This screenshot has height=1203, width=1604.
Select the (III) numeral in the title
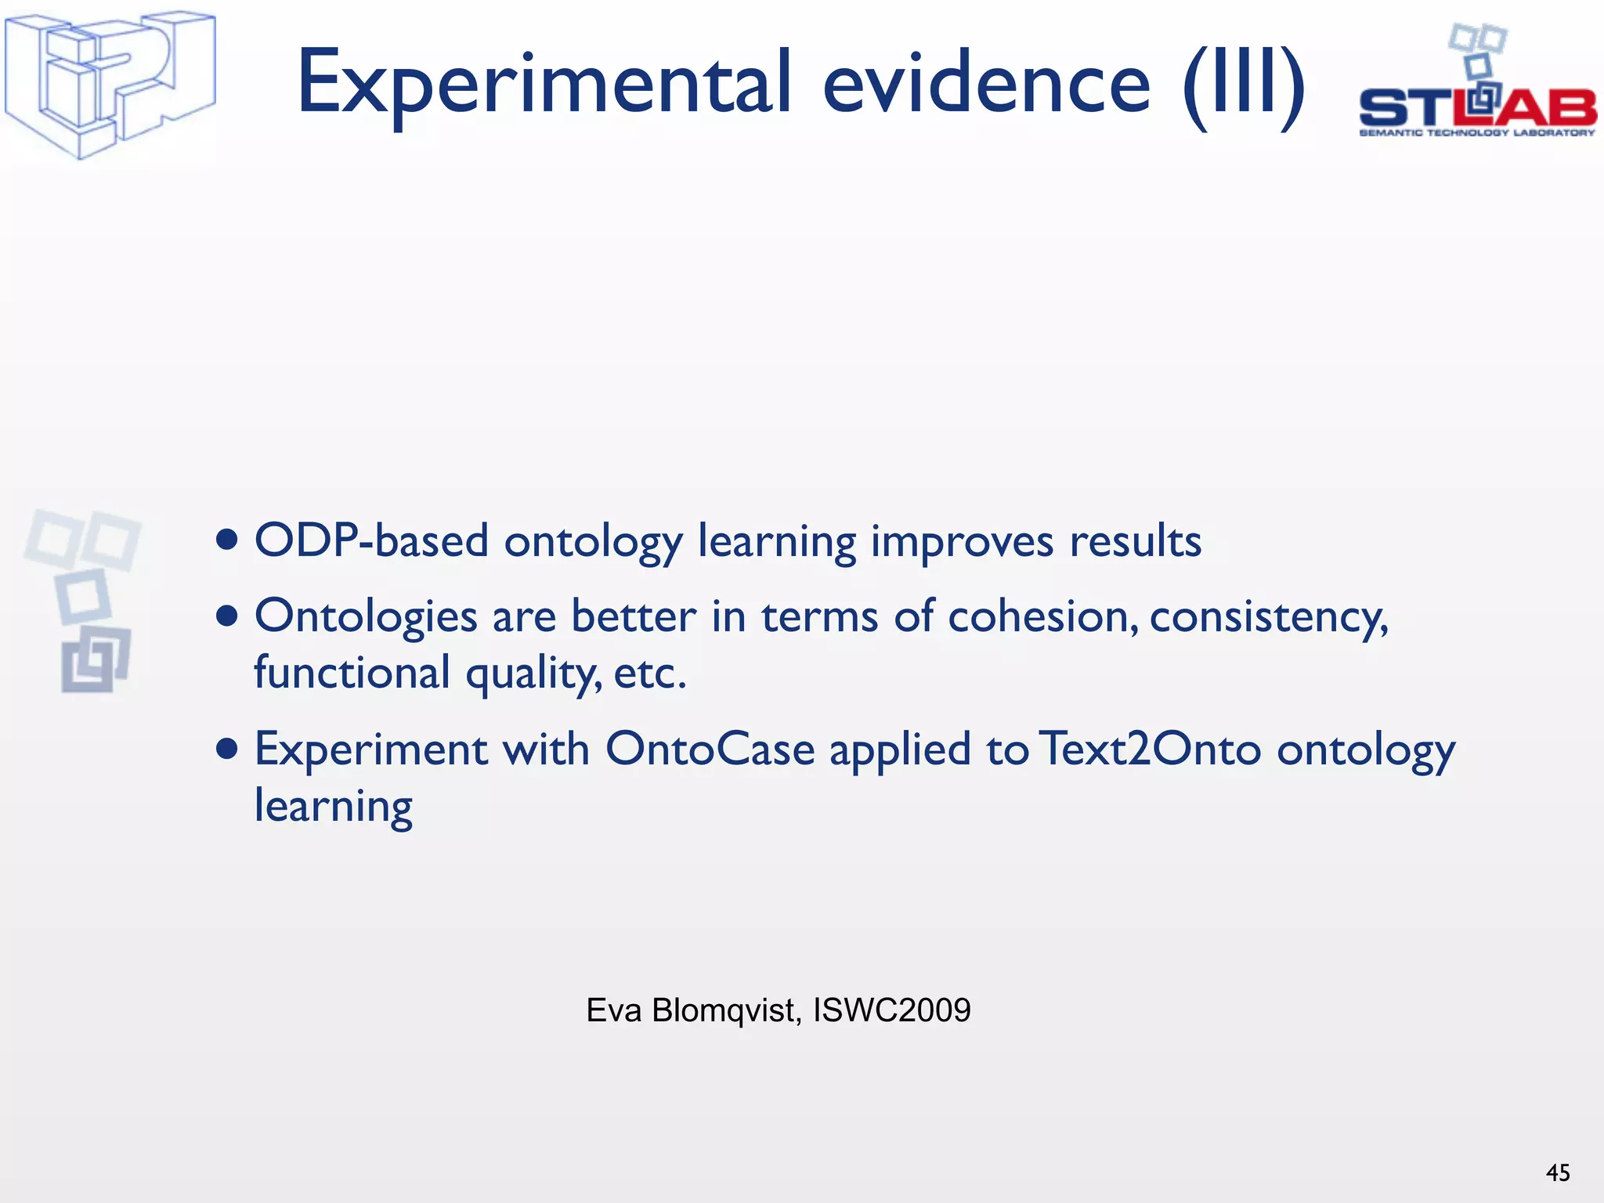point(1244,85)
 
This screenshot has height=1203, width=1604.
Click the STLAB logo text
point(1476,108)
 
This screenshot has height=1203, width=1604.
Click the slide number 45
point(1558,1172)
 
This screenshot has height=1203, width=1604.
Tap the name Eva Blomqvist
point(693,1010)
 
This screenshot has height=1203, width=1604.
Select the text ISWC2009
point(892,1010)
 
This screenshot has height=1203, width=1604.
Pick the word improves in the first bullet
point(962,542)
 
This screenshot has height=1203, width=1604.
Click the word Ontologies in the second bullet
point(366,617)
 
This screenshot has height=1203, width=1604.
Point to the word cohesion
point(1042,616)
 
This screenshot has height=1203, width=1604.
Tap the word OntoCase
point(710,749)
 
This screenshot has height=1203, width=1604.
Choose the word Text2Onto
point(1151,749)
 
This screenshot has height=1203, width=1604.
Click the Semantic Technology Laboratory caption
point(1476,133)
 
